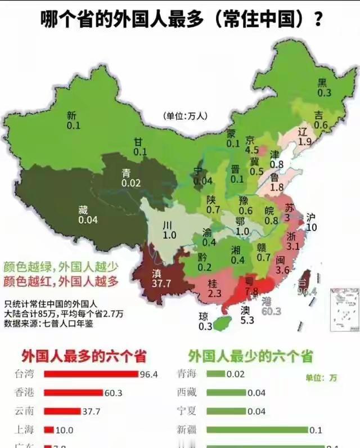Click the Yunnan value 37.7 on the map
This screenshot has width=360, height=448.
pyautogui.click(x=161, y=284)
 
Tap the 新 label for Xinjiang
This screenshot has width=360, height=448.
pyautogui.click(x=71, y=115)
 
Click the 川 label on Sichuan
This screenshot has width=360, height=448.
pyautogui.click(x=168, y=225)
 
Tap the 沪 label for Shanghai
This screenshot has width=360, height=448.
pyautogui.click(x=312, y=217)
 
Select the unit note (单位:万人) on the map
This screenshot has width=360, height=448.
pyautogui.click(x=186, y=116)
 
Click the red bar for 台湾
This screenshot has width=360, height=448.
pyautogui.click(x=91, y=374)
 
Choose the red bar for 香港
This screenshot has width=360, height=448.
pyautogui.click(x=73, y=393)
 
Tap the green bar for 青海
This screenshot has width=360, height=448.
pyautogui.click(x=216, y=374)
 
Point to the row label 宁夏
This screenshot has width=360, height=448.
pyautogui.click(x=187, y=411)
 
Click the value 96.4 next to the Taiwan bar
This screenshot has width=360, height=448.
pyautogui.click(x=149, y=374)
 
